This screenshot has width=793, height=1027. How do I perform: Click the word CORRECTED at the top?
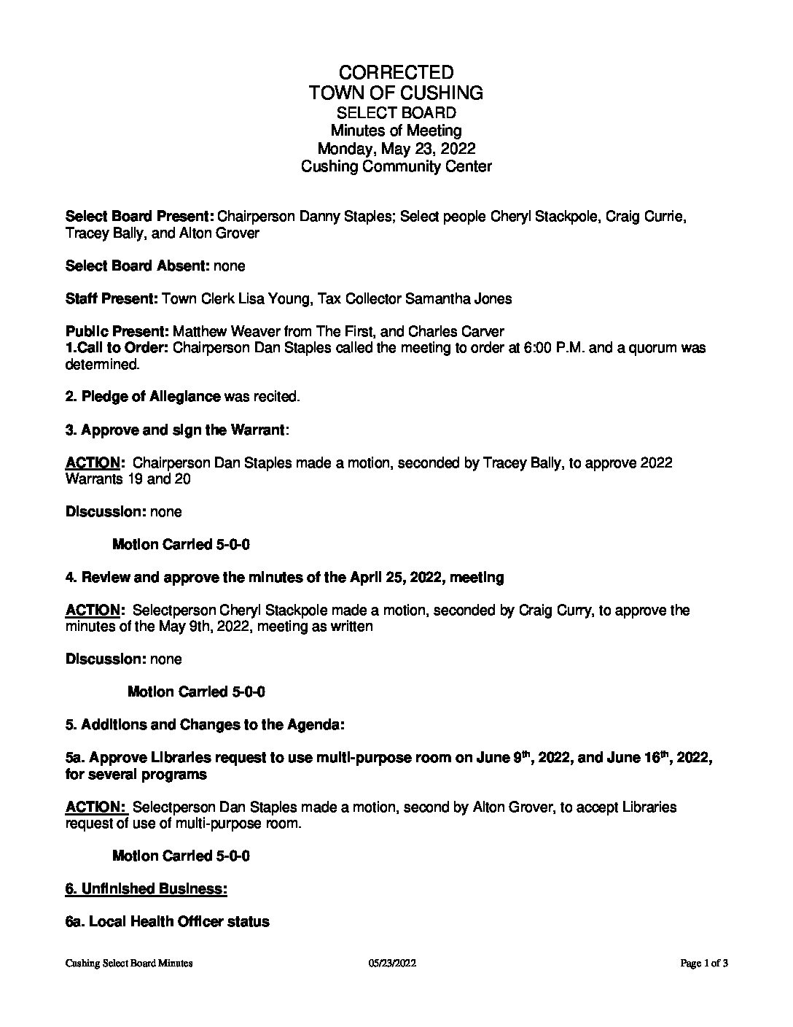tap(396, 72)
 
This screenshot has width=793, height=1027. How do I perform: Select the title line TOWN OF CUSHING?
tap(396, 93)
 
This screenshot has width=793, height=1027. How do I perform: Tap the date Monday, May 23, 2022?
tap(396, 149)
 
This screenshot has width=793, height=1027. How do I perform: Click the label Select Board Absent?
tap(137, 266)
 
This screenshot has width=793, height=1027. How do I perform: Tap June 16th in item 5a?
tap(643, 757)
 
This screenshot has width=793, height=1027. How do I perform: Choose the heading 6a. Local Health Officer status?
tap(167, 921)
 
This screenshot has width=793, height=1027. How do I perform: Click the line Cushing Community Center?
tap(396, 166)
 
